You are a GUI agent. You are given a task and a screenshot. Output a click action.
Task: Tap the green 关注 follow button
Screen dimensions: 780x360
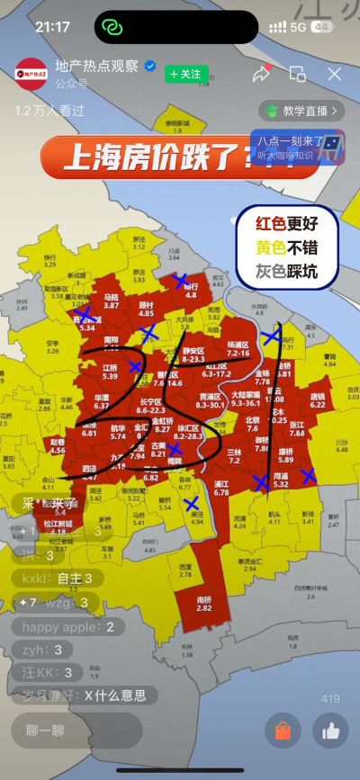186,74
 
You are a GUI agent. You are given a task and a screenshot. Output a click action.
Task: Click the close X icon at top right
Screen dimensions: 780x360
334,74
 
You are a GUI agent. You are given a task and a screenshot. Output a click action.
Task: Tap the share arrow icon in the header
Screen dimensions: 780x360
261,74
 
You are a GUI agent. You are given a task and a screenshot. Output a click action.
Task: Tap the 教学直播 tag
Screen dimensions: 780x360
302,111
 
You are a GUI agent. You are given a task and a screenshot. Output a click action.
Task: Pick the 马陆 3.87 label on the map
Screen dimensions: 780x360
112,301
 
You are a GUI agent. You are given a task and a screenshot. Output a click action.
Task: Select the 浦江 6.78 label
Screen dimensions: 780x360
220,488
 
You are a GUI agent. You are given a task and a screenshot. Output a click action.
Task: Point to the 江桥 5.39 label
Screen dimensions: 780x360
110,372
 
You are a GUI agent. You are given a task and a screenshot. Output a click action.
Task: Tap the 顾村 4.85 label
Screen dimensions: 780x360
146,309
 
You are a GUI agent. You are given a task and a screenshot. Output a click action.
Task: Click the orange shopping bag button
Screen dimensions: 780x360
283,731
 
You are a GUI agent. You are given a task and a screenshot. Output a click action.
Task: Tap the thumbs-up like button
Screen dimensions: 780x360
330,731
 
